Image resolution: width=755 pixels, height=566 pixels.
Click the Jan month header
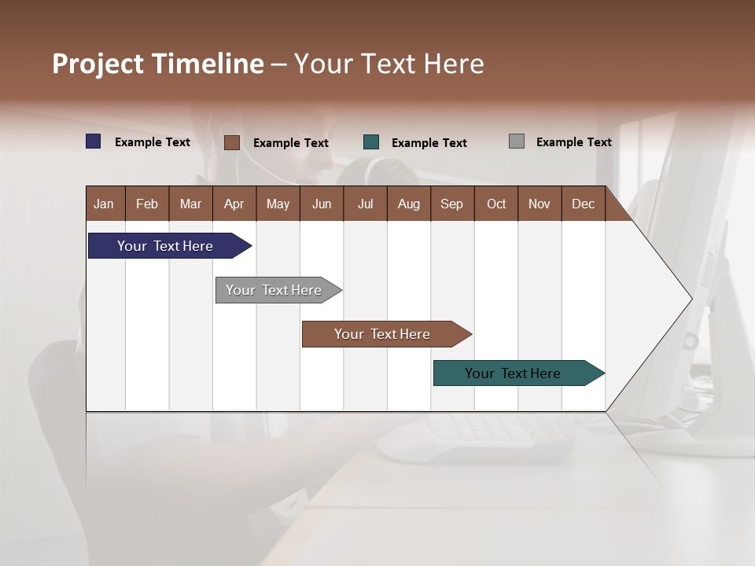[x=104, y=204]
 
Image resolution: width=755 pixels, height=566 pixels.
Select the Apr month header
[x=234, y=204]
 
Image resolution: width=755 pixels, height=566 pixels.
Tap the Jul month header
[x=365, y=204]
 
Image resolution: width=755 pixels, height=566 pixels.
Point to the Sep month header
[x=451, y=204]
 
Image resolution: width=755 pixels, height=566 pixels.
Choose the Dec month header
[x=583, y=204]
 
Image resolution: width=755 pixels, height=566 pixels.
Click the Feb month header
[x=147, y=204]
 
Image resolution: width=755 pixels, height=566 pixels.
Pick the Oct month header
[x=496, y=204]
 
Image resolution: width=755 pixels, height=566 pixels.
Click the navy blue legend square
[x=94, y=141]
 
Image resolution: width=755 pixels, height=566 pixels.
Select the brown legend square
[x=232, y=142]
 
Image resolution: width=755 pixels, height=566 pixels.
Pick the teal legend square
[x=371, y=142]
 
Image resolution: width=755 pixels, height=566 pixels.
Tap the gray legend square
[x=517, y=141]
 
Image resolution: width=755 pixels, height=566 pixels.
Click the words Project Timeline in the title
[x=158, y=64]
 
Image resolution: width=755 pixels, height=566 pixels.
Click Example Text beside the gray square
[x=573, y=142]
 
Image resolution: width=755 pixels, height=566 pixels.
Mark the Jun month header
[x=322, y=204]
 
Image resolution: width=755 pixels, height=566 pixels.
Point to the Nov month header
[x=540, y=204]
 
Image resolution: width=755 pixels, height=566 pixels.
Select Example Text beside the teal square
[x=429, y=143]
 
